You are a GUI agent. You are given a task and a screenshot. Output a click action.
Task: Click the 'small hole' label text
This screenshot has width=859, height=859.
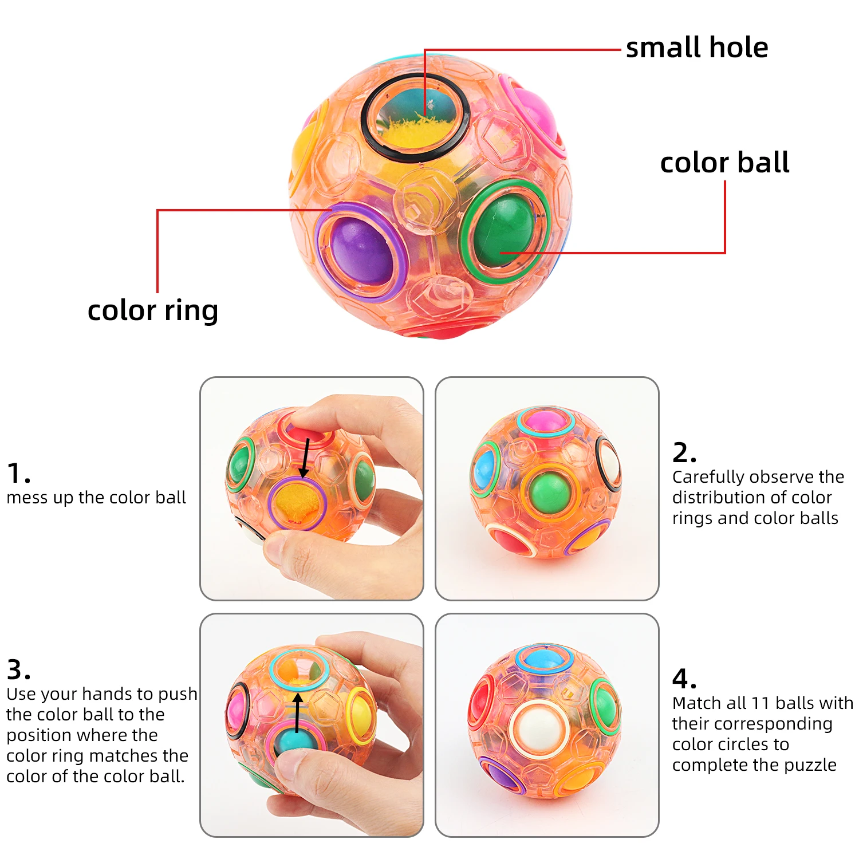pos(696,48)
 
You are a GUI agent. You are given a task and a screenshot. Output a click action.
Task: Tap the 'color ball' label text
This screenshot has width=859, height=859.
pos(724,163)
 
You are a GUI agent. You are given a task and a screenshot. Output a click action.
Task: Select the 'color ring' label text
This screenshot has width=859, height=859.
pos(153,311)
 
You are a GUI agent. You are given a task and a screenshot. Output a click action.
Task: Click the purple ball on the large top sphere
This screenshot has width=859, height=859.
pos(361,251)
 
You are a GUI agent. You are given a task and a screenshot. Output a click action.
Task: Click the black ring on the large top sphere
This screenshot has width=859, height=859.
pos(416,117)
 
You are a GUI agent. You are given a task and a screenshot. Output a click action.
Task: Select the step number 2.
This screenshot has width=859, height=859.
pos(684,453)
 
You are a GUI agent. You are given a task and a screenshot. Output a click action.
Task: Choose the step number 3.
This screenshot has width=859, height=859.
pos(18,669)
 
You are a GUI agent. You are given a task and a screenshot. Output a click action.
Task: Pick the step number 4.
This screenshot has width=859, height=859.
pos(684,679)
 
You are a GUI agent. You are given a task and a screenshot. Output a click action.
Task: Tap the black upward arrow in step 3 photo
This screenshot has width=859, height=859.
pos(297,713)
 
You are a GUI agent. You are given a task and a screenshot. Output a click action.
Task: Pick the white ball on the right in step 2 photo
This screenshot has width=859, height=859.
pos(610,464)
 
